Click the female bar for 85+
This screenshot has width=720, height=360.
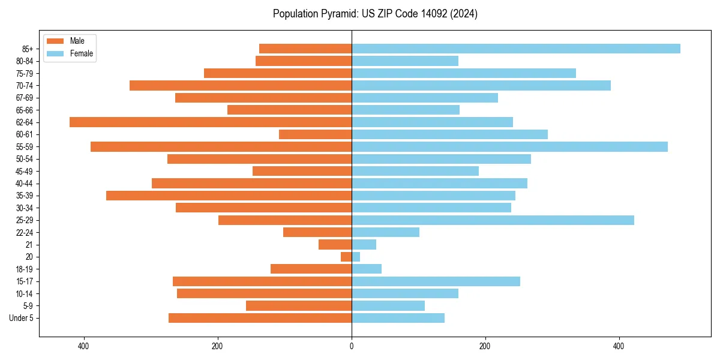(x=515, y=49)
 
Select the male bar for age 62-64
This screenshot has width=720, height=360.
(x=211, y=122)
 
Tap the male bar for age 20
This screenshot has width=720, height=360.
(x=346, y=257)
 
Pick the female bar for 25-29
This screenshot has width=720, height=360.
(x=493, y=220)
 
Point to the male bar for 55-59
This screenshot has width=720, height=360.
(x=221, y=147)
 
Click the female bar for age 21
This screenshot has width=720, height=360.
(x=364, y=245)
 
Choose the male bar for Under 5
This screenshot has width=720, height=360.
(x=260, y=318)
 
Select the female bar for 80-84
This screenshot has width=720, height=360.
(x=405, y=61)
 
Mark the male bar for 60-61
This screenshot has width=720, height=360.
(x=315, y=134)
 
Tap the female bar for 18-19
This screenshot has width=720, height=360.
(x=367, y=269)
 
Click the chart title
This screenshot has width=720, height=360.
(x=375, y=14)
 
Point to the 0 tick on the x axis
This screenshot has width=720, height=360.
(x=352, y=346)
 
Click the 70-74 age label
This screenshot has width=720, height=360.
(x=25, y=86)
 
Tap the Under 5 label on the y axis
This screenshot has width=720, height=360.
(x=22, y=318)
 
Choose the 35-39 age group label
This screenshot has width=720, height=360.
(x=25, y=196)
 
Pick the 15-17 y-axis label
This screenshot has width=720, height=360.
(x=25, y=281)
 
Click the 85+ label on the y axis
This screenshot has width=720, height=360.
(x=28, y=49)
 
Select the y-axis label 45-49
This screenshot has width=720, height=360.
(x=25, y=171)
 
